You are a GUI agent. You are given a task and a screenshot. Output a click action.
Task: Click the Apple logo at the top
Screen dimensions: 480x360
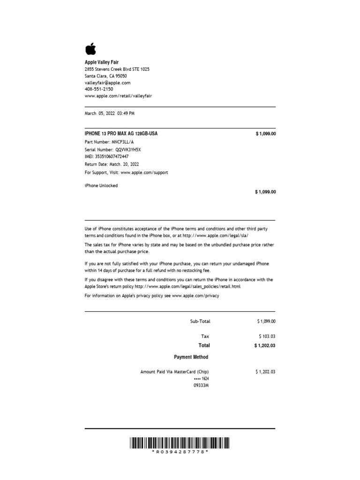click(x=90, y=48)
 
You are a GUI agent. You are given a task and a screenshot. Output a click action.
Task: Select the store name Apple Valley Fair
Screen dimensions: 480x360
click(x=101, y=62)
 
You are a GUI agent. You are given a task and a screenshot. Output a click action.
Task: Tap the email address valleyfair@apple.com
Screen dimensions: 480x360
click(x=107, y=82)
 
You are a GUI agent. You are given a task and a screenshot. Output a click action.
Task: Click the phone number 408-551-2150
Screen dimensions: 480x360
click(x=98, y=89)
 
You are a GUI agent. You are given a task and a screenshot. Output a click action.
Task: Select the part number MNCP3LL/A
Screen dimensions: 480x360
click(x=122, y=142)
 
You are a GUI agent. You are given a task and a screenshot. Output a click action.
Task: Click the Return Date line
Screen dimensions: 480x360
click(x=112, y=165)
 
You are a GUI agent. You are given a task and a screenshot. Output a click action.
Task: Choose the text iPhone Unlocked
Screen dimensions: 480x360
click(x=101, y=186)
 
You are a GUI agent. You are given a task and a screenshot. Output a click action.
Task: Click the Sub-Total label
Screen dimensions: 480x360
click(x=200, y=322)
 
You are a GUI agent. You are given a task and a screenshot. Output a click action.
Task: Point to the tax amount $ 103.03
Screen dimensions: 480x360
click(x=267, y=337)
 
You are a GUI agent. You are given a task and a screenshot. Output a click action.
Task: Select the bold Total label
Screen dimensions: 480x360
click(x=204, y=345)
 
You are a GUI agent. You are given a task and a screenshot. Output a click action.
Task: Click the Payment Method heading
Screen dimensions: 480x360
click(x=191, y=357)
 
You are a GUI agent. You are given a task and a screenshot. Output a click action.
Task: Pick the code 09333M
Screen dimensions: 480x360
click(x=201, y=385)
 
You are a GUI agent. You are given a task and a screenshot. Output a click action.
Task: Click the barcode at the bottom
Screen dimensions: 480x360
click(x=180, y=442)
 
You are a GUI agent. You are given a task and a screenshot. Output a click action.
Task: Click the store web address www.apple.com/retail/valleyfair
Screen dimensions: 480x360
click(x=118, y=96)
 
